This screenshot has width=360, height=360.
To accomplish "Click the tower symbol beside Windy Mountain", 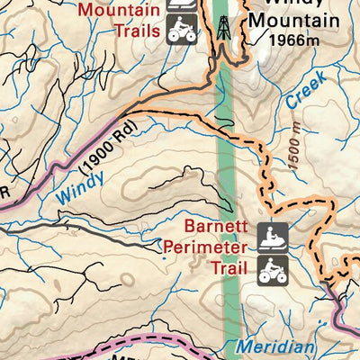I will pyautogui.click(x=221, y=27).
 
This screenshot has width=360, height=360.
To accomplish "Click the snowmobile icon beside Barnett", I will pyautogui.click(x=274, y=237).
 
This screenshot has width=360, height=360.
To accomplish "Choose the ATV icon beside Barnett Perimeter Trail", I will pyautogui.click(x=274, y=268).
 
